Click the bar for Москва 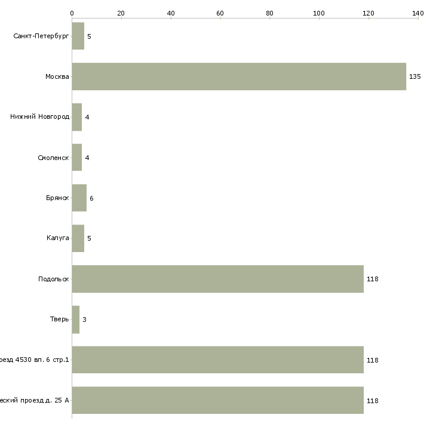point(239,76)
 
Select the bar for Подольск point(217,279)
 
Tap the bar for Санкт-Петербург point(78,36)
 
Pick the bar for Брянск point(79,198)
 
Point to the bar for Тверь point(75,320)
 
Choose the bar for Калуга point(78,238)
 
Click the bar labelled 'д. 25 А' point(217,400)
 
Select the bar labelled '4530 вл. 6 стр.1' point(217,360)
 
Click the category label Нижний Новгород point(39,117)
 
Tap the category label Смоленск point(53,158)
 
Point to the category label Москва point(57,76)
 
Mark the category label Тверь point(59,320)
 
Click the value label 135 point(414,76)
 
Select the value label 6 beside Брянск point(91,198)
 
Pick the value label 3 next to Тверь point(84,320)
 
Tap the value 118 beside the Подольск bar point(373,279)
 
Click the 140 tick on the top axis point(417,13)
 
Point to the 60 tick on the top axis point(220,13)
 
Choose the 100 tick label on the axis point(319,13)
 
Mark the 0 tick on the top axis point(72,13)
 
